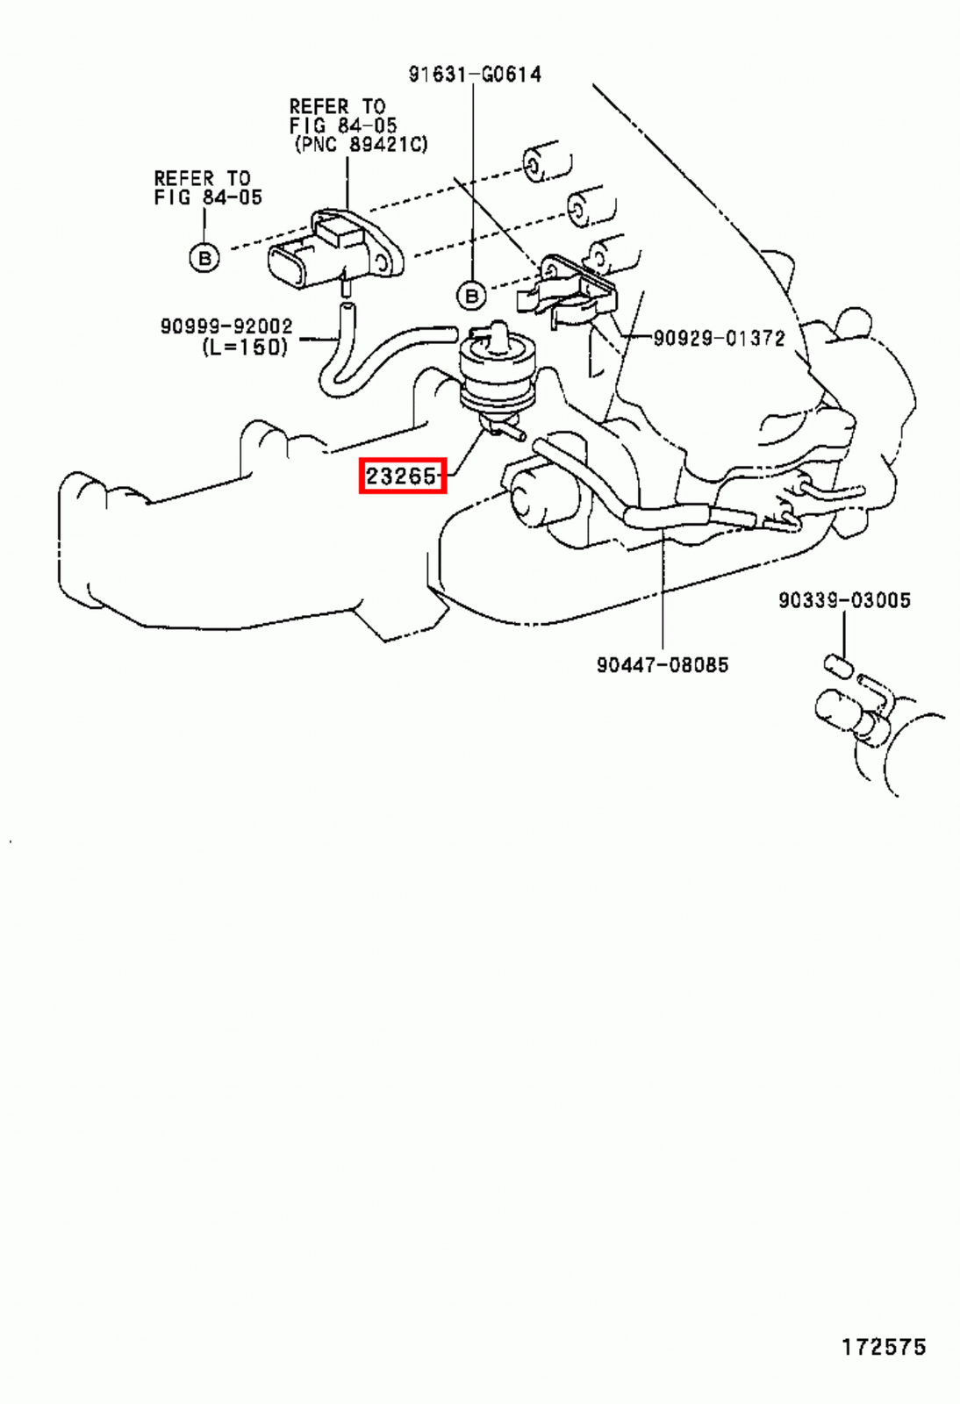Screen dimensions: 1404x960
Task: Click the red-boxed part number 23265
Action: [402, 476]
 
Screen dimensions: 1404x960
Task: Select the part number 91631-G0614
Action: [475, 75]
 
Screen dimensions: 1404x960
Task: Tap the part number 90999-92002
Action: [226, 326]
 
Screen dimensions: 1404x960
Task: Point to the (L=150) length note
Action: [245, 347]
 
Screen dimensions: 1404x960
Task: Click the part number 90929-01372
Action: [719, 338]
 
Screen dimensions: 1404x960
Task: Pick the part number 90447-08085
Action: [663, 665]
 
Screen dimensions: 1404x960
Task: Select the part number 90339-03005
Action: [844, 600]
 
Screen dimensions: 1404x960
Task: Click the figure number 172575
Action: [884, 1347]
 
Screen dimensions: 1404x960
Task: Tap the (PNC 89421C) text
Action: [361, 144]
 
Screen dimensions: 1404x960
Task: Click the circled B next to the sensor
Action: [204, 257]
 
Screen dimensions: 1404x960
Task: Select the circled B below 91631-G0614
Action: [472, 296]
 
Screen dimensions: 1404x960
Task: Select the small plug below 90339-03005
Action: [838, 666]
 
